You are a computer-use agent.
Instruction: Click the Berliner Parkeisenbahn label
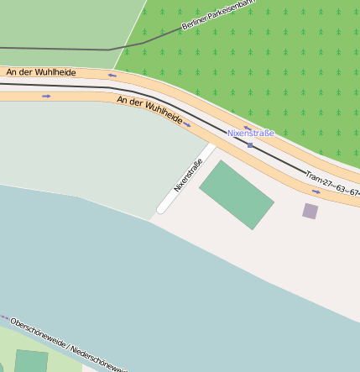tap(217, 15)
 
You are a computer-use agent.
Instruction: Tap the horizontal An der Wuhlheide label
tap(41, 73)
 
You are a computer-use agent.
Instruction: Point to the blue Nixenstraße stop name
tap(250, 134)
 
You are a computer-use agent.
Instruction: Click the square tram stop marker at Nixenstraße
tap(250, 145)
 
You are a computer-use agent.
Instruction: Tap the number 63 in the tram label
tap(341, 189)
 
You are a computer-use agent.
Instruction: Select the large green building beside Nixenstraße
tap(236, 194)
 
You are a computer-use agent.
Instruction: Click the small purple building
tap(310, 211)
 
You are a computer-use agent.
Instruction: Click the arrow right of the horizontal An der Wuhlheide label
tap(112, 76)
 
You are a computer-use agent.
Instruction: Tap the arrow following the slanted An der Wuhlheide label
tap(186, 125)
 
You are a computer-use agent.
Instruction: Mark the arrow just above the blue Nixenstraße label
tap(248, 128)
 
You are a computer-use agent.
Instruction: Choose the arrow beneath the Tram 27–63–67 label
tap(316, 191)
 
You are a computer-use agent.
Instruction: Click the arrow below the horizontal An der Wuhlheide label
tap(46, 96)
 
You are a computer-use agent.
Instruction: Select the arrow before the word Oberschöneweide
tap(4, 317)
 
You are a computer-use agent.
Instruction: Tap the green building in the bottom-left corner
tap(31, 361)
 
